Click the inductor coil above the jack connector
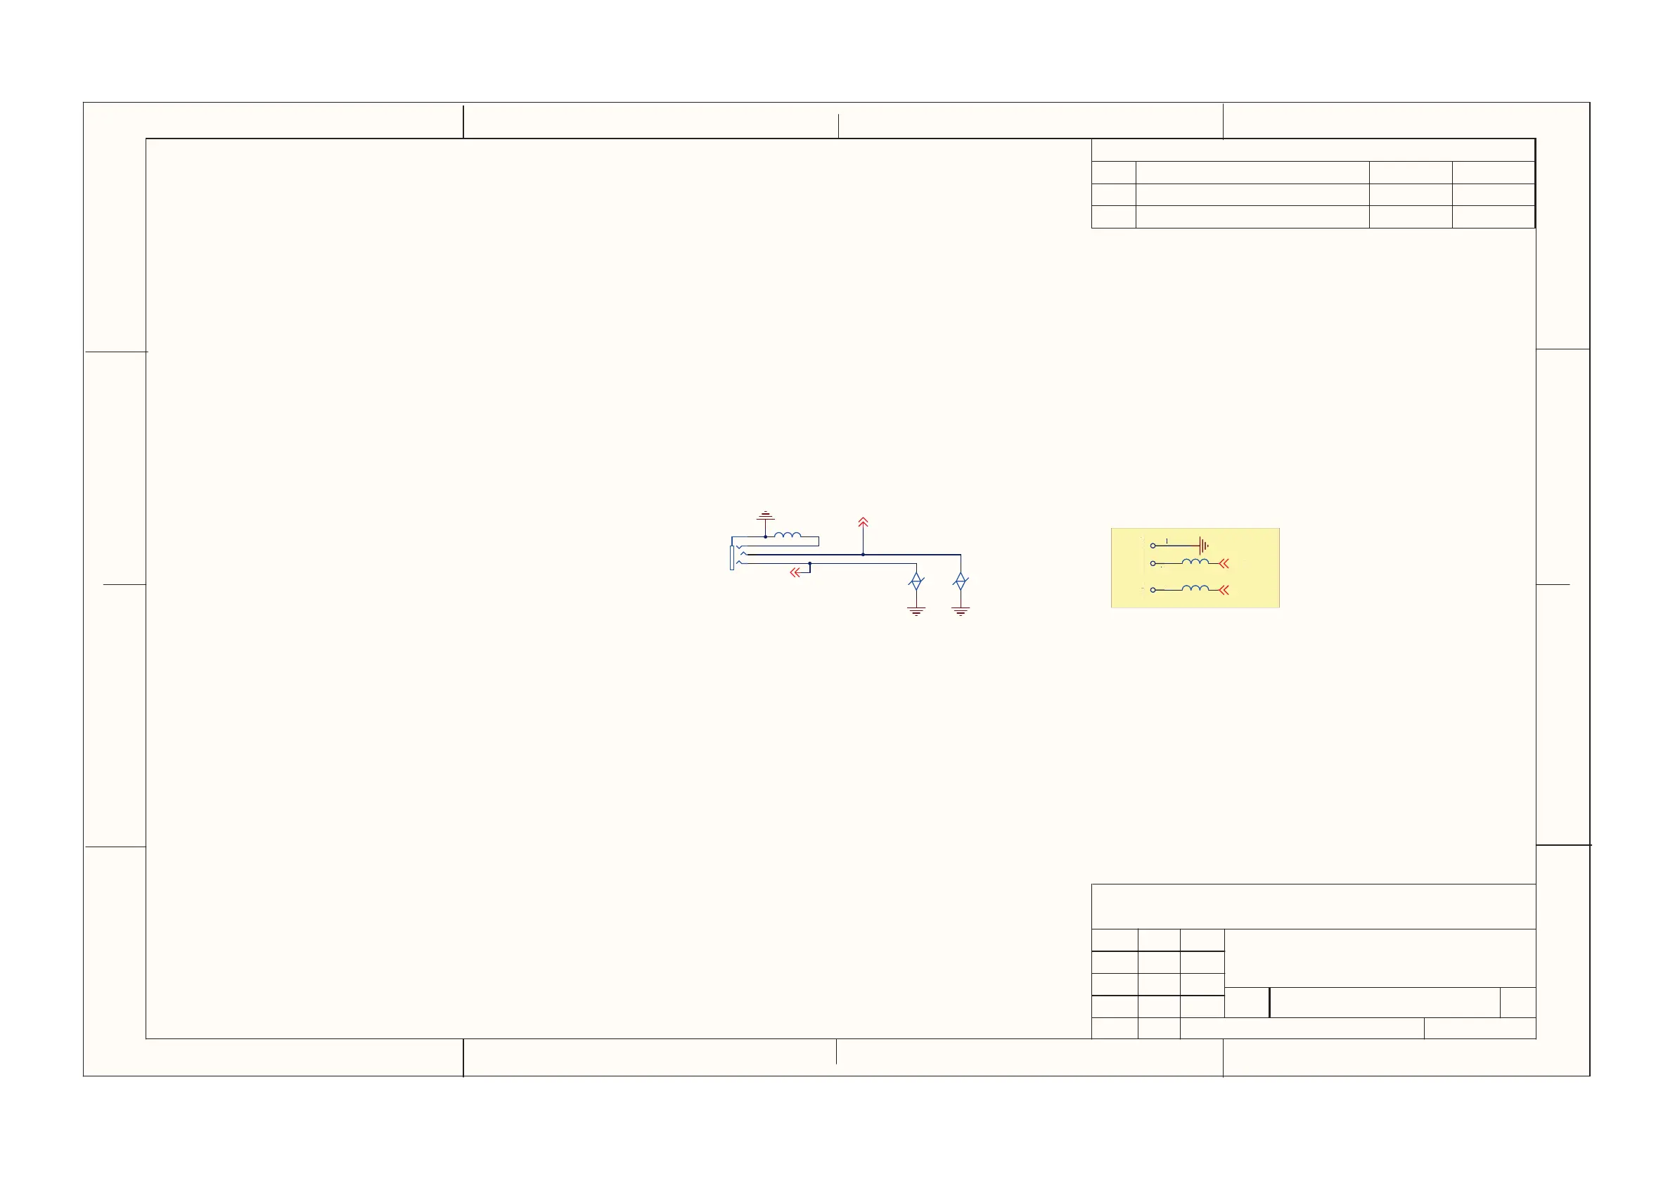click(x=787, y=535)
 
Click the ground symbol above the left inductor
click(x=765, y=516)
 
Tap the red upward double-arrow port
click(x=863, y=522)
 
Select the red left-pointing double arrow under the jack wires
click(x=796, y=573)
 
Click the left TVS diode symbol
click(x=916, y=581)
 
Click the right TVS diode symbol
click(x=961, y=581)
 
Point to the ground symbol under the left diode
click(x=916, y=611)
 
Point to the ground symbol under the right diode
click(x=961, y=611)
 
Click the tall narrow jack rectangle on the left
click(x=732, y=558)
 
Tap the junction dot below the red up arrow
click(x=863, y=555)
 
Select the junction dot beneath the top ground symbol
click(x=765, y=537)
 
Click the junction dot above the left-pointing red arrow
click(x=810, y=563)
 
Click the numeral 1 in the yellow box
click(x=1167, y=541)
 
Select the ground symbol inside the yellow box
click(x=1204, y=546)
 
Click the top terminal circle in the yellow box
click(x=1153, y=546)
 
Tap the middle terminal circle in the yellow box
click(x=1153, y=563)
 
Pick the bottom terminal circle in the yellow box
click(x=1153, y=589)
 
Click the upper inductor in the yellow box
click(x=1195, y=561)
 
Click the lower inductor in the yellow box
click(x=1195, y=587)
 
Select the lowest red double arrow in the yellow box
click(x=1224, y=590)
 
